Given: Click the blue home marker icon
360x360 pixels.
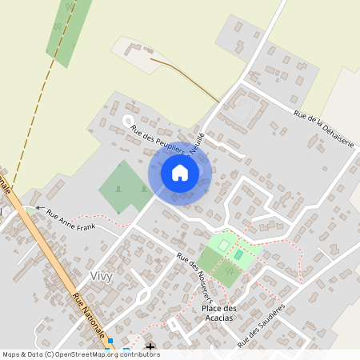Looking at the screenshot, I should [180, 173].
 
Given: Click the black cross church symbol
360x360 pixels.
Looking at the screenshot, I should [152, 347].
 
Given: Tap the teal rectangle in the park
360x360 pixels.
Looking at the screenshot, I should [238, 254].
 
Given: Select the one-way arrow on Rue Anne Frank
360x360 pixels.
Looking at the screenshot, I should [38, 208].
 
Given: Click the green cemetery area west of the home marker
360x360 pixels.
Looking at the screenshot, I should [122, 186].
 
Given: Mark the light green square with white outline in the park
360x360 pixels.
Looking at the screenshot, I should [223, 244].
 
